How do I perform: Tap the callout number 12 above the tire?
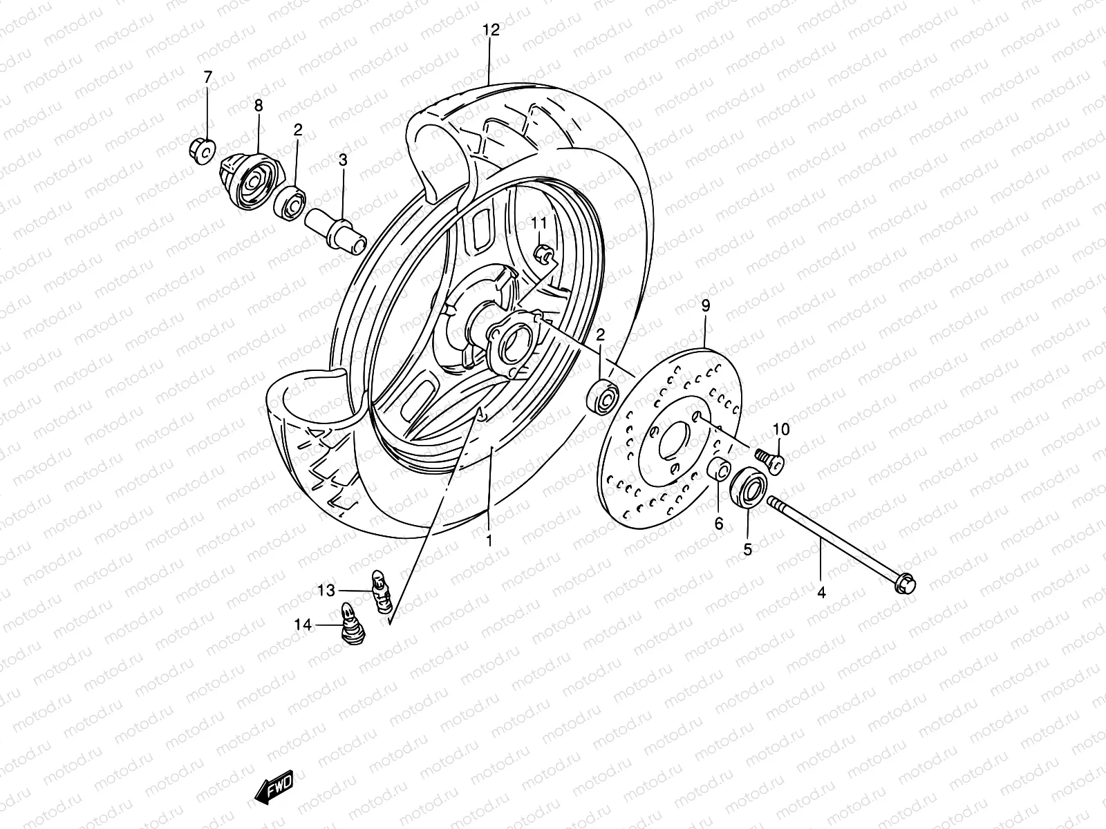[490, 30]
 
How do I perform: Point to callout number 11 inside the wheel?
[539, 222]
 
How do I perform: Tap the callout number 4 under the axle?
[821, 592]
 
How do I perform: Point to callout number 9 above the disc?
[705, 306]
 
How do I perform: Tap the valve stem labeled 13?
[379, 590]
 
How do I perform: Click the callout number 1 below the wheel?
[489, 541]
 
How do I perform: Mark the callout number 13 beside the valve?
[326, 590]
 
